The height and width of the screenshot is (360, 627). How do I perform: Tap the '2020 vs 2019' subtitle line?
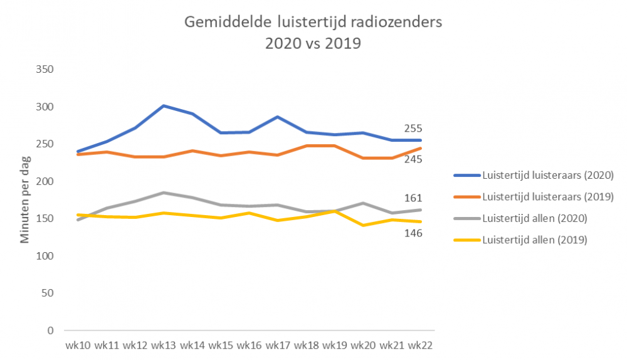click(313, 44)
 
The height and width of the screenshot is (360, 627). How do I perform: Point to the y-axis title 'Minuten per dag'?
click(24, 199)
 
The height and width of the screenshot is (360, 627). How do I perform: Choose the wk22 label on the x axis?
click(420, 345)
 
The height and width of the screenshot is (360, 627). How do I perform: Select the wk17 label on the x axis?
click(277, 345)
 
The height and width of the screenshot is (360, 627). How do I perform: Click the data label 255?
click(413, 128)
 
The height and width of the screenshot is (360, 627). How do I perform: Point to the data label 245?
click(413, 159)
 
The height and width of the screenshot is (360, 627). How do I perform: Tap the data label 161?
click(413, 198)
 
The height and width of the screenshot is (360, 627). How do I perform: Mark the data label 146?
click(413, 233)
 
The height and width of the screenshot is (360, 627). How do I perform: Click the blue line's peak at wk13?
click(163, 105)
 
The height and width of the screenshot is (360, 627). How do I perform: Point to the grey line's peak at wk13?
click(163, 193)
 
